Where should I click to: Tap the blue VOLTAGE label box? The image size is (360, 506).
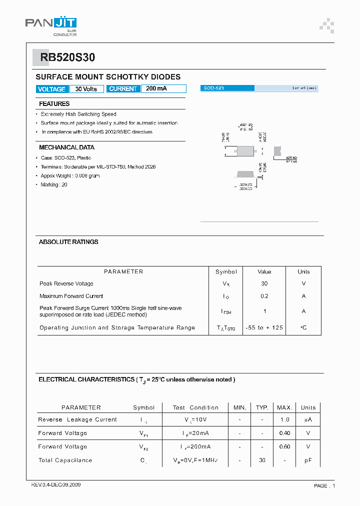click(x=51, y=89)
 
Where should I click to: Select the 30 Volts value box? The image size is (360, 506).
click(x=86, y=89)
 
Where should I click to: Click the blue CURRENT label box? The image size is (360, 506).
click(x=123, y=89)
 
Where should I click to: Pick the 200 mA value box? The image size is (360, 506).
click(x=163, y=89)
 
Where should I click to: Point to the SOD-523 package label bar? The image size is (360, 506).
click(x=227, y=88)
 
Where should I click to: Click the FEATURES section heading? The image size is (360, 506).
click(x=54, y=104)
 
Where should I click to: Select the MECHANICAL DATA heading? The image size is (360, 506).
click(x=66, y=147)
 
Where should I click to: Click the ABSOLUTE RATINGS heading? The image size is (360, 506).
click(x=68, y=242)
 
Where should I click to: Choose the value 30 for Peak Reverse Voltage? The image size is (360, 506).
click(x=264, y=283)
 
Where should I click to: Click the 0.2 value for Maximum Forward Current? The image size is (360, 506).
click(x=264, y=296)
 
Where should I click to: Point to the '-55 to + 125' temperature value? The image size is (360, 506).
click(x=264, y=327)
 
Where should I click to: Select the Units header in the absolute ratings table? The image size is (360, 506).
click(x=303, y=272)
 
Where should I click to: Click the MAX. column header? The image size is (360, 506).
click(x=284, y=407)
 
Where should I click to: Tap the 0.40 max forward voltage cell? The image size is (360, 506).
click(x=284, y=433)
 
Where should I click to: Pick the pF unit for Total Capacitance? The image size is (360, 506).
click(x=308, y=460)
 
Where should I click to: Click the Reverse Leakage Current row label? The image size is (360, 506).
click(x=77, y=419)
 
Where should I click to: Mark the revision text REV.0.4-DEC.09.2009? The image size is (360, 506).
click(x=56, y=485)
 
